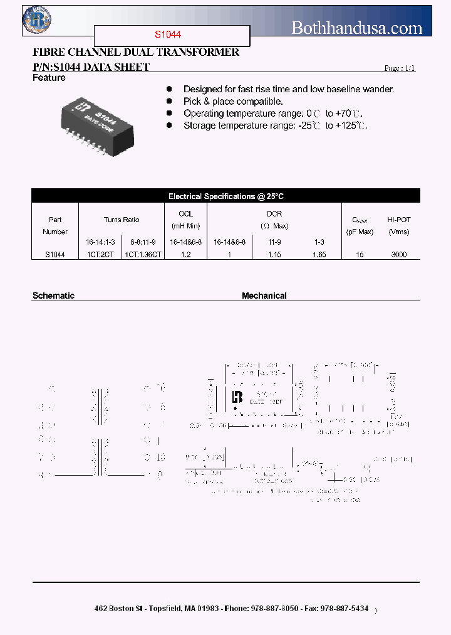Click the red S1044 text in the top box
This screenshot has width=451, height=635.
pyautogui.click(x=168, y=36)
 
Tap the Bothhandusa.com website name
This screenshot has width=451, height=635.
pyautogui.click(x=357, y=28)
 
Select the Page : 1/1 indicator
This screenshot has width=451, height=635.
pyautogui.click(x=399, y=68)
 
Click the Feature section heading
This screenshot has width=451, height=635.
pyautogui.click(x=49, y=78)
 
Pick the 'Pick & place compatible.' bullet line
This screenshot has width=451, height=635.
pyautogui.click(x=233, y=102)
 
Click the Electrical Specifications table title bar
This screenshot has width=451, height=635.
pyautogui.click(x=225, y=196)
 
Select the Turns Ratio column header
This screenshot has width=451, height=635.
pyautogui.click(x=122, y=220)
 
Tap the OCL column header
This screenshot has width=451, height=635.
pyautogui.click(x=185, y=214)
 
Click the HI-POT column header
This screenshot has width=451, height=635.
pyautogui.click(x=398, y=220)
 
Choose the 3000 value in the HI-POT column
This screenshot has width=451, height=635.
pyautogui.click(x=398, y=254)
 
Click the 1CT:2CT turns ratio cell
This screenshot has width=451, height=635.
pyautogui.click(x=100, y=254)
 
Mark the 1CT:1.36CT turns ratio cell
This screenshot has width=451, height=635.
pyautogui.click(x=143, y=254)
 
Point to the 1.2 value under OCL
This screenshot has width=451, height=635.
pyautogui.click(x=185, y=254)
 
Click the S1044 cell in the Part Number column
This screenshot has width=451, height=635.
pyautogui.click(x=55, y=254)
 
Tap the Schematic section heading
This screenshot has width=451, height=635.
pyautogui.click(x=53, y=296)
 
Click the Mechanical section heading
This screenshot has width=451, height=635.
pyautogui.click(x=264, y=296)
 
